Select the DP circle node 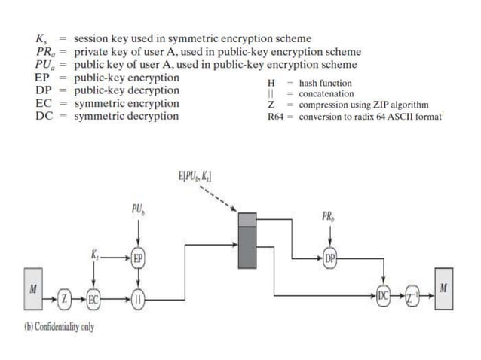click(329, 258)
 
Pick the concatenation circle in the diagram click(137, 299)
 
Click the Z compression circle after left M click(66, 299)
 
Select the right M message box click(444, 289)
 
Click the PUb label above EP click(137, 208)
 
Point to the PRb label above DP click(329, 217)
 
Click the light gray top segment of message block click(247, 220)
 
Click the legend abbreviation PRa click(44, 52)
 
